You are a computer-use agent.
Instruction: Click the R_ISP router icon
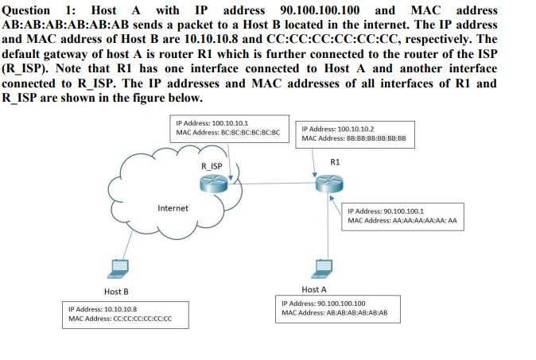coord(212,185)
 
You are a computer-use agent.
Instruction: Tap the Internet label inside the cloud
coord(173,208)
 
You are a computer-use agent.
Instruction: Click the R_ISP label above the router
coord(212,165)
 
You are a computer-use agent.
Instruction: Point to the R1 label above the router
coord(335,162)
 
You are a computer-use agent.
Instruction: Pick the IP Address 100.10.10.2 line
coord(339,128)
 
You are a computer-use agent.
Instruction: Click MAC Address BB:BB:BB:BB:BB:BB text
coord(355,137)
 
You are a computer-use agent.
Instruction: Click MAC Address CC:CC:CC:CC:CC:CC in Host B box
coord(120,319)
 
